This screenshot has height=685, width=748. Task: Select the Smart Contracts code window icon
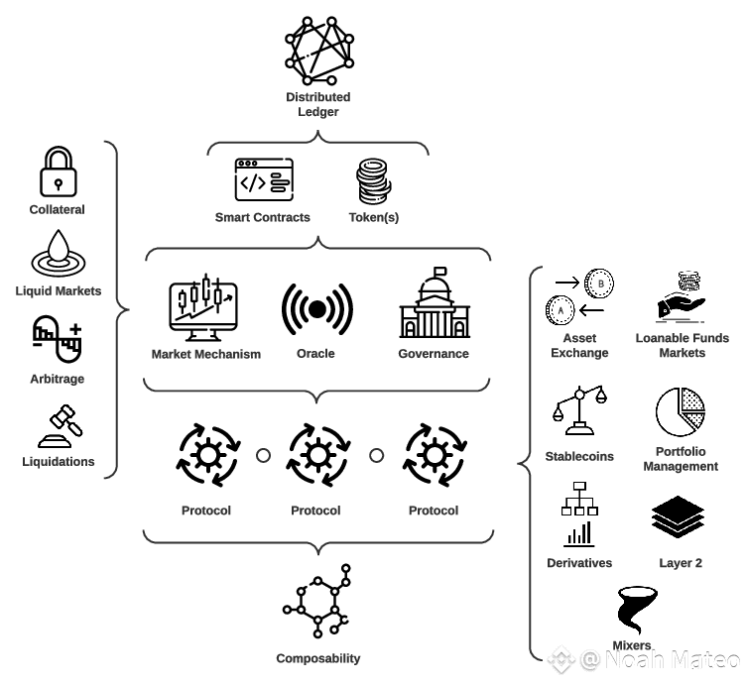click(263, 181)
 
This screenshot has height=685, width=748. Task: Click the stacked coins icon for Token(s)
click(373, 182)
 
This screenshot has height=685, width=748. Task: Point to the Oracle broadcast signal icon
click(316, 309)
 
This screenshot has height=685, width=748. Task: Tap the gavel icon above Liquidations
click(60, 426)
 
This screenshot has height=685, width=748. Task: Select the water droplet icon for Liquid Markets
click(58, 253)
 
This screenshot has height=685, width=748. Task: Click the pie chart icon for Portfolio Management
click(680, 412)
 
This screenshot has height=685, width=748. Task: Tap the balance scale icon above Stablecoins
click(578, 411)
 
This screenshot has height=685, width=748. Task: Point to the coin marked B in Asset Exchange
click(599, 283)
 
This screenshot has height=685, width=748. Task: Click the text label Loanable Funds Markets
click(682, 345)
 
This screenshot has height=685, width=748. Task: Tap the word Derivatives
click(579, 563)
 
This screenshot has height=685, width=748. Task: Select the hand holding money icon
click(681, 297)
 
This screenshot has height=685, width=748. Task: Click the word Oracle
click(315, 354)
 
